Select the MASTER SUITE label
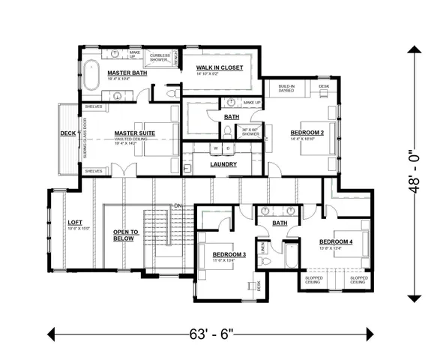pos(134,133)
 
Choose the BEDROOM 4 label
pos(335,242)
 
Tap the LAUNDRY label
pos(223,164)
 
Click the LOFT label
pos(75,223)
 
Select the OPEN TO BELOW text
pos(126,235)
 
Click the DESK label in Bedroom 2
pos(323,86)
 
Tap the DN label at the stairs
pos(177,205)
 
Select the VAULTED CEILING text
pos(134,140)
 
